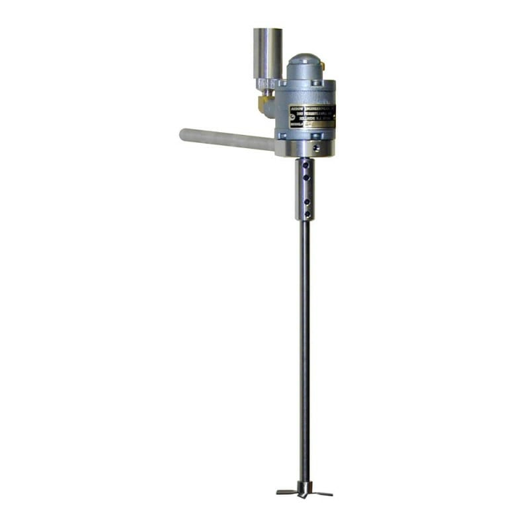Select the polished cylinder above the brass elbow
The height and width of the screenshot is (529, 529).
pos(267,53)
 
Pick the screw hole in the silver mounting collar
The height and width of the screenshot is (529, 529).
pos(316,148)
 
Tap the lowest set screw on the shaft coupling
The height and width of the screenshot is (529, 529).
pos(307,214)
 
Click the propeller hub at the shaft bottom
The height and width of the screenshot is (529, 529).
pos(304,489)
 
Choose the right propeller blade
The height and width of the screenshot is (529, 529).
pos(322,493)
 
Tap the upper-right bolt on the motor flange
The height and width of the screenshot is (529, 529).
pos(315,83)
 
